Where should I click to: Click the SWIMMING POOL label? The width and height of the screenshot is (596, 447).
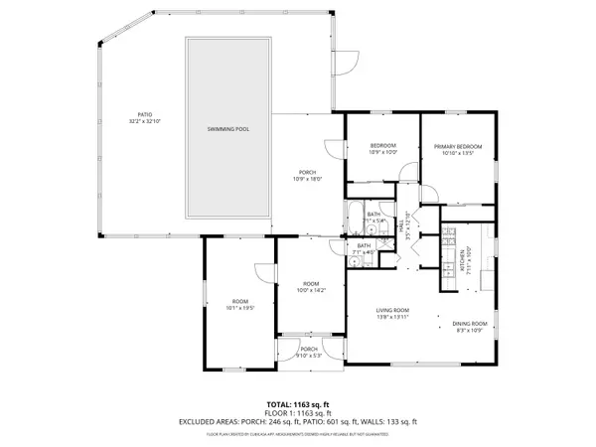[x=228, y=130]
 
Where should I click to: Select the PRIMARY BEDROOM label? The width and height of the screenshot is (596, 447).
[x=457, y=147]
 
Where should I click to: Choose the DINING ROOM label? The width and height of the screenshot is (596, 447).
[x=472, y=324]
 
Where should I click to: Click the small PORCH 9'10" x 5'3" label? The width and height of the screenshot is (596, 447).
[x=310, y=351]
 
